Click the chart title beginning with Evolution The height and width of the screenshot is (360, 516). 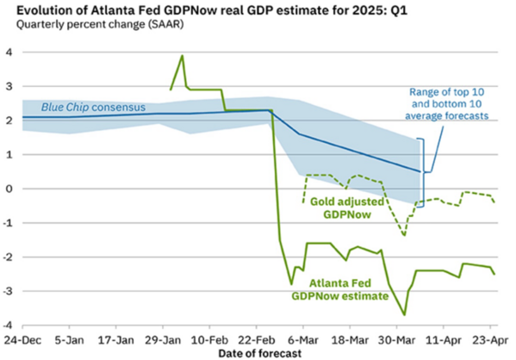212,10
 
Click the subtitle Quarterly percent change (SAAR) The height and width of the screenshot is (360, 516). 100,24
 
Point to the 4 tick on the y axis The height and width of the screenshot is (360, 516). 9,53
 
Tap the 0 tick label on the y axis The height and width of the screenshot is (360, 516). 9,189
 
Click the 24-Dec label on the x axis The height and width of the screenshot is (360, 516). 22,340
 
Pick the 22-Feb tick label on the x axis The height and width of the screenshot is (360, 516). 257,340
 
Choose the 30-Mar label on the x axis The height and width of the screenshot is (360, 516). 396,340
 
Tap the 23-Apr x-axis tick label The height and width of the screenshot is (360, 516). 490,340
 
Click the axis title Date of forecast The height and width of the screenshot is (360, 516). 260,353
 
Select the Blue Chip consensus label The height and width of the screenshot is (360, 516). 93,108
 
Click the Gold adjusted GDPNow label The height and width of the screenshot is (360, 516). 347,208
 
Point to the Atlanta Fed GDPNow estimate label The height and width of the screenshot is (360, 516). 340,289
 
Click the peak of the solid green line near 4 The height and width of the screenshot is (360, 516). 183,56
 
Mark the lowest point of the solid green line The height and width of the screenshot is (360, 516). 404,315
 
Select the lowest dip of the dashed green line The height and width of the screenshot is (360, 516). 404,236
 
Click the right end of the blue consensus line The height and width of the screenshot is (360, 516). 420,171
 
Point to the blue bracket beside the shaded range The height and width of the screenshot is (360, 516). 423,172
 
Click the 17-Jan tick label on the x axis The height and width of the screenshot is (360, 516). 116,340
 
